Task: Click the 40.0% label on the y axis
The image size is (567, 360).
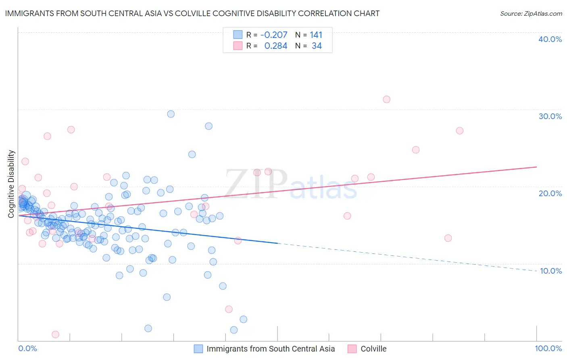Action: point(550,39)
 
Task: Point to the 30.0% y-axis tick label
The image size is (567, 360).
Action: point(550,116)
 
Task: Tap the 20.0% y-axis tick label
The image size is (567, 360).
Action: point(550,193)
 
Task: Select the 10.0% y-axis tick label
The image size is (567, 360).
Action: point(551,271)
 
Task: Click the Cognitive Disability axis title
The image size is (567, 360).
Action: point(11,184)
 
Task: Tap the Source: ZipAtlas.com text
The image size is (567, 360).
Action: point(531,13)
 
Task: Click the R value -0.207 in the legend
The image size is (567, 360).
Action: point(274,35)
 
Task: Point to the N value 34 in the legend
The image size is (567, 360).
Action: point(317,46)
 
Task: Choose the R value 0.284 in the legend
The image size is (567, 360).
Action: point(276,46)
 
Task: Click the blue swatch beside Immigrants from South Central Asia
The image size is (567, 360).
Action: point(198,349)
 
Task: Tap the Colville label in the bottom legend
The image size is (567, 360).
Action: point(373,349)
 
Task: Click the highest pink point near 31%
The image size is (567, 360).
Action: point(386,99)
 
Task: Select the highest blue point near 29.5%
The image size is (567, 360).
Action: point(171,114)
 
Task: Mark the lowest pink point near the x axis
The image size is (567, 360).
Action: point(56,335)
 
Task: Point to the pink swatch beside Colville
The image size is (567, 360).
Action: point(352,349)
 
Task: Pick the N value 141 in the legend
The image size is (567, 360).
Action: point(316,35)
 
